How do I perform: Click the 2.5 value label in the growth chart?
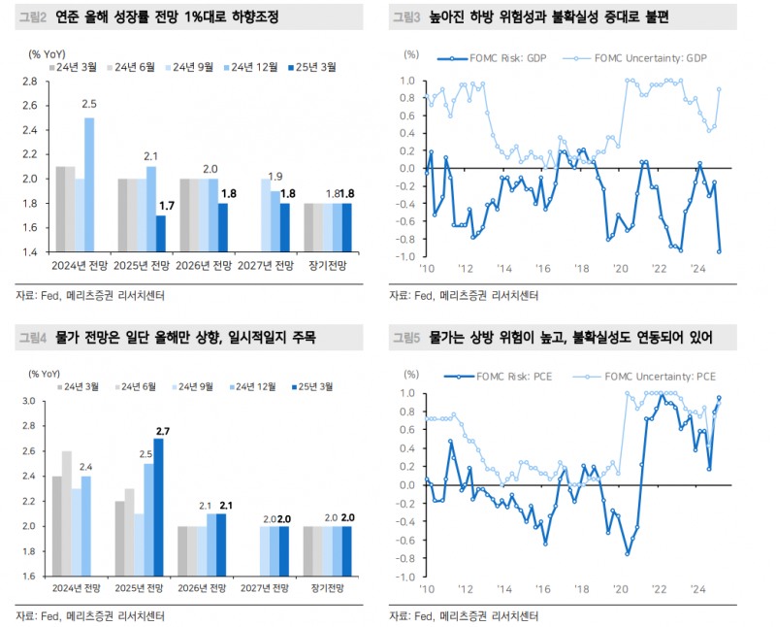tap(89, 103)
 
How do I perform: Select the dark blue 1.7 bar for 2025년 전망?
tap(161, 232)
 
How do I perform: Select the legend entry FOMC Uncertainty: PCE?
tap(648, 376)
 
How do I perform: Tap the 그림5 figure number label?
tap(404, 338)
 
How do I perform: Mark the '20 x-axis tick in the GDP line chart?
tap(621, 269)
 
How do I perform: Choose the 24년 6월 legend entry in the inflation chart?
tap(135, 386)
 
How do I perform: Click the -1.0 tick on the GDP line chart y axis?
tap(405, 255)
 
